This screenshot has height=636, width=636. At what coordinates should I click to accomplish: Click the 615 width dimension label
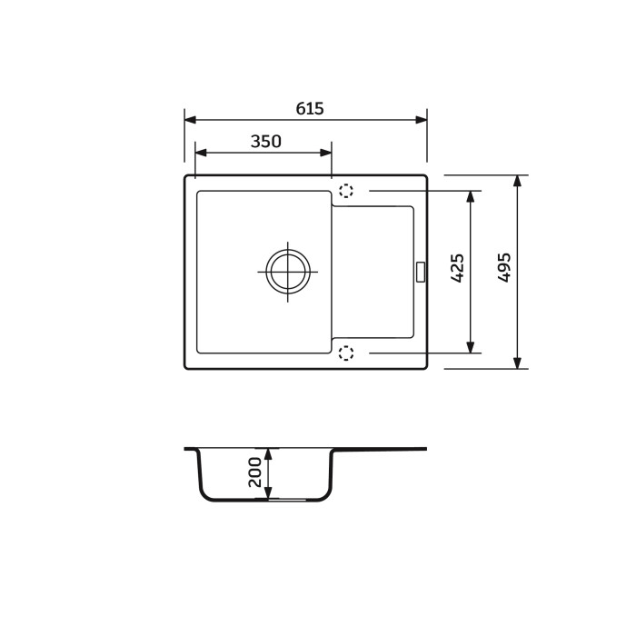click(x=310, y=109)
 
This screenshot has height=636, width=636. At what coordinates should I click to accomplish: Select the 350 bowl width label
click(x=265, y=142)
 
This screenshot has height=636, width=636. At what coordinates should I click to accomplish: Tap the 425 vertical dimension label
click(x=458, y=268)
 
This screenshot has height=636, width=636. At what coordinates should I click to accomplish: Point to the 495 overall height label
click(x=504, y=267)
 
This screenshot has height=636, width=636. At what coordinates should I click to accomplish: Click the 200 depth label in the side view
click(x=255, y=472)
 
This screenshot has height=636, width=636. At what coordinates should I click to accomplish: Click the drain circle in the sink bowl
click(x=288, y=272)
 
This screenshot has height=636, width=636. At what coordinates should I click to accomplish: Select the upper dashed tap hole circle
click(x=346, y=191)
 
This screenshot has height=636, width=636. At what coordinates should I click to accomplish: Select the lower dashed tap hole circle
click(x=346, y=353)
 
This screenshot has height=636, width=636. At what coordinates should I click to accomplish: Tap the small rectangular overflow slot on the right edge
click(x=421, y=272)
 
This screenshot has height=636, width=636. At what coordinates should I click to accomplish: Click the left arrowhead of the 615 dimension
click(x=191, y=120)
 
